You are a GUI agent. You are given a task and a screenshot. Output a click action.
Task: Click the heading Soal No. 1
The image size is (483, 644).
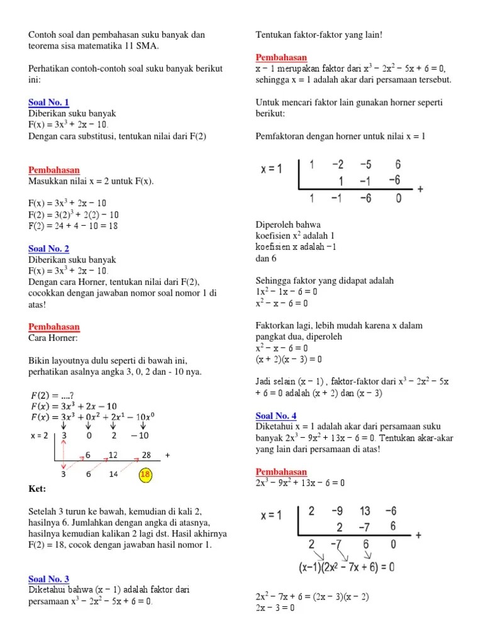pos(49,103)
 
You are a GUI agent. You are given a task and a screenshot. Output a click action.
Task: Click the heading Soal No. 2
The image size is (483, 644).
pos(49,249)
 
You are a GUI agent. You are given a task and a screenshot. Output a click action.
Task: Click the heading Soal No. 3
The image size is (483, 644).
pos(49,579)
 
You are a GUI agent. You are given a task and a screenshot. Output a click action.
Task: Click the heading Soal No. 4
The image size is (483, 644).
pos(276,416)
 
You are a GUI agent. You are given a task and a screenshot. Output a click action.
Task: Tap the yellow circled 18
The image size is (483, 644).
pos(145,474)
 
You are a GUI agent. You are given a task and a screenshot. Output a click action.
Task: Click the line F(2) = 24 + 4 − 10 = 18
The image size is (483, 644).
pos(73,226)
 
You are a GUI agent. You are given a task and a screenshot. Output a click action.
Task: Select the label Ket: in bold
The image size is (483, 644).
pos(38,488)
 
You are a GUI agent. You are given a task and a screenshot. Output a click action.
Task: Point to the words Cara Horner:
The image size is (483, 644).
pos(53,338)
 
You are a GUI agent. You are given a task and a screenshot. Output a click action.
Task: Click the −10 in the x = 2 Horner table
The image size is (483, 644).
pos(140,435)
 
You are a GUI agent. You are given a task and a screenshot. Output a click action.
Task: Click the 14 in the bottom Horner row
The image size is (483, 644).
pos(113,475)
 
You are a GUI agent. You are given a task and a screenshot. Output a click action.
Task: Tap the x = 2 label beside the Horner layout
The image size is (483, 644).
pos(40,435)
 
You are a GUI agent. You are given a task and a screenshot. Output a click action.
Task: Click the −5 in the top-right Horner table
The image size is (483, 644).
pos(365,165)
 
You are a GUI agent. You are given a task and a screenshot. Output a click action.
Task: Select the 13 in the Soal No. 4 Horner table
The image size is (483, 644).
pos(365,511)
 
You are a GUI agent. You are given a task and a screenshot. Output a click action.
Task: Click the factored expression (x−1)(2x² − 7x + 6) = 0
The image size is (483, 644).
pos(347,567)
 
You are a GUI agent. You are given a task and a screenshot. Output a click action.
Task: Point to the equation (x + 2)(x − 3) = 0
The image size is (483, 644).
pos(289,359)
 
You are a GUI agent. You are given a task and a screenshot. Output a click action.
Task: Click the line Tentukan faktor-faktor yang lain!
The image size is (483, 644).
pos(319,35)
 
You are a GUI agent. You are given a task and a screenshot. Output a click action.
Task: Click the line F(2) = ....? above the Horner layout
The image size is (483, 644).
pos(57,395)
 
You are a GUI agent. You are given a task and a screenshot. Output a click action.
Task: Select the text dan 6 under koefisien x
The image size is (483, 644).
pos(266,258)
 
